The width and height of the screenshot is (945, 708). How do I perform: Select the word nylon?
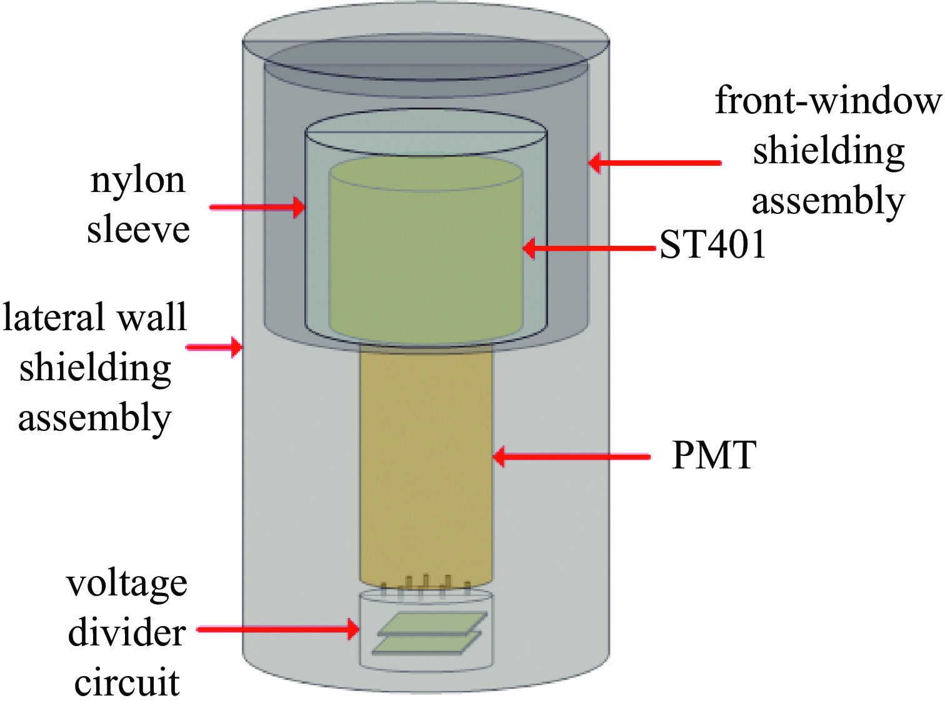coord(138,181)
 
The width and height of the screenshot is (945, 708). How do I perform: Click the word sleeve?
coord(138,230)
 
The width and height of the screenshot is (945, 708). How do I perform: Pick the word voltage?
coord(127,584)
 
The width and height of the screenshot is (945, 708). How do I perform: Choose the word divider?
coord(127,633)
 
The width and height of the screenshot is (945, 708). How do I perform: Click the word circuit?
coord(127,682)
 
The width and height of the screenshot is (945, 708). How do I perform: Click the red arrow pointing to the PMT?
coord(571,457)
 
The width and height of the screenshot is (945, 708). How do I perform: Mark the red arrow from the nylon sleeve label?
coord(257,207)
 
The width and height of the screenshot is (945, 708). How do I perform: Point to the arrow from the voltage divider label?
coord(278,629)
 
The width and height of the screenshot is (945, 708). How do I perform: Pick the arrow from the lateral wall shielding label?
coord(214,346)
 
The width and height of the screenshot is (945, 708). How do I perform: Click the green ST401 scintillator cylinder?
coord(426,250)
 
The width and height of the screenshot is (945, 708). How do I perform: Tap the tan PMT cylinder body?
coord(426,463)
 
